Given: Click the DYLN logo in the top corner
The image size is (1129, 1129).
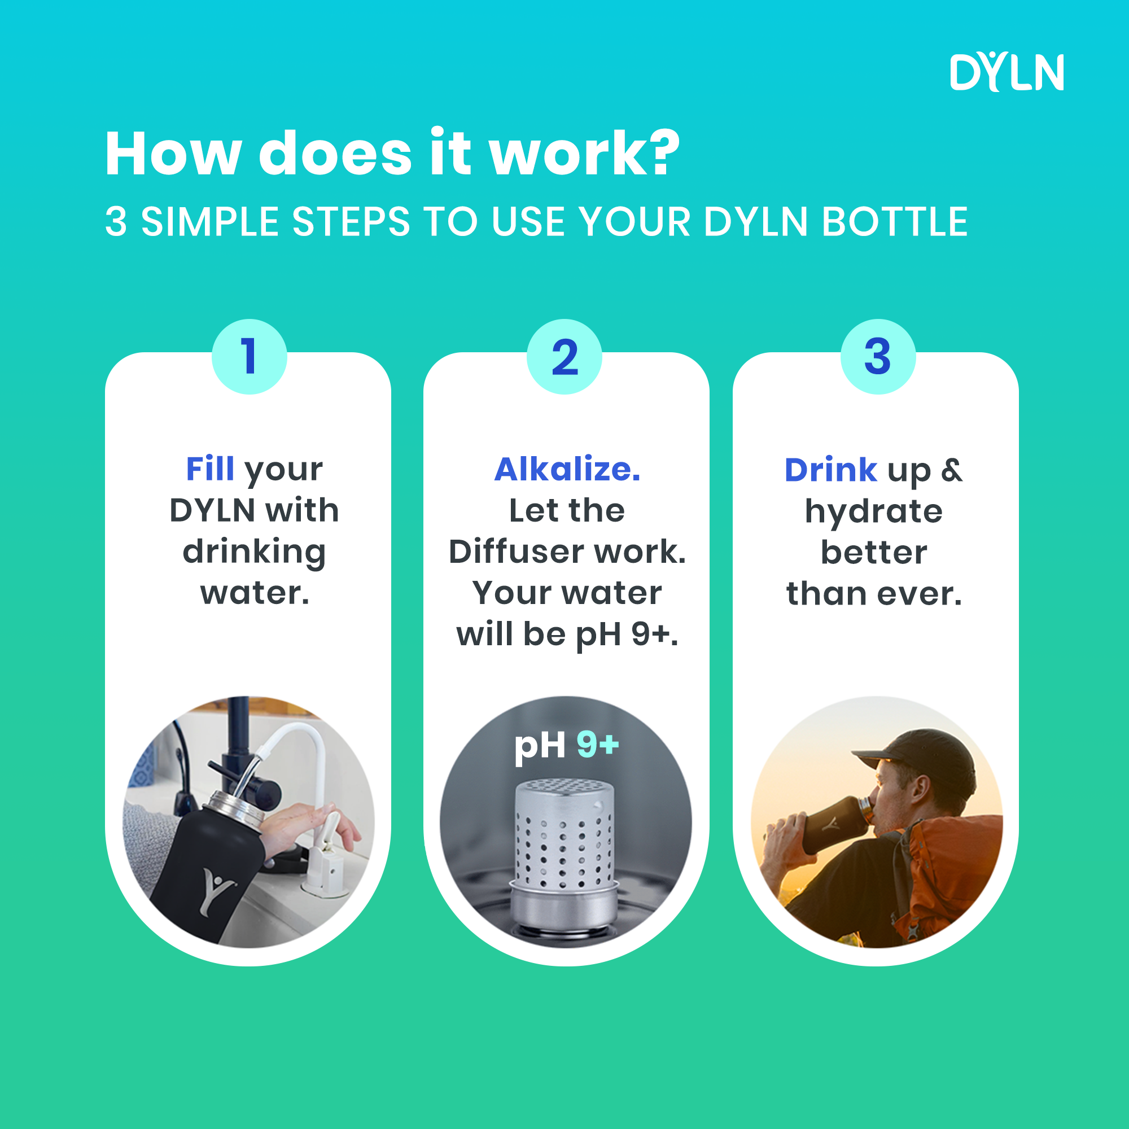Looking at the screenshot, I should pyautogui.click(x=1007, y=72).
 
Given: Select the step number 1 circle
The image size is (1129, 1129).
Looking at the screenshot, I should pyautogui.click(x=249, y=356).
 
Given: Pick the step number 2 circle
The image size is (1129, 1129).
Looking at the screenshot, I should pyautogui.click(x=564, y=356).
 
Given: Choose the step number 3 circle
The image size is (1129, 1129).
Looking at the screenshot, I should pyautogui.click(x=878, y=356).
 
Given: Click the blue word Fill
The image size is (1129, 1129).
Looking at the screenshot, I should pyautogui.click(x=210, y=469).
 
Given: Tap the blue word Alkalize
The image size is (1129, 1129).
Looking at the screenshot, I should pyautogui.click(x=567, y=469).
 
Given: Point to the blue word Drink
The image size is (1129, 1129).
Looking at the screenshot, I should pyautogui.click(x=830, y=470).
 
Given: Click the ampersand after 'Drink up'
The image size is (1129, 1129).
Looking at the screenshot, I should pyautogui.click(x=952, y=470).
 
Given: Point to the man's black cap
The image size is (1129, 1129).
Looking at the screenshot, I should pyautogui.click(x=917, y=754).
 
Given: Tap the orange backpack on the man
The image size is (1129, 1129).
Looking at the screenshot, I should pyautogui.click(x=947, y=865).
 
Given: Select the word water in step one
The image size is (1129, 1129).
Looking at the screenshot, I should pyautogui.click(x=254, y=594).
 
